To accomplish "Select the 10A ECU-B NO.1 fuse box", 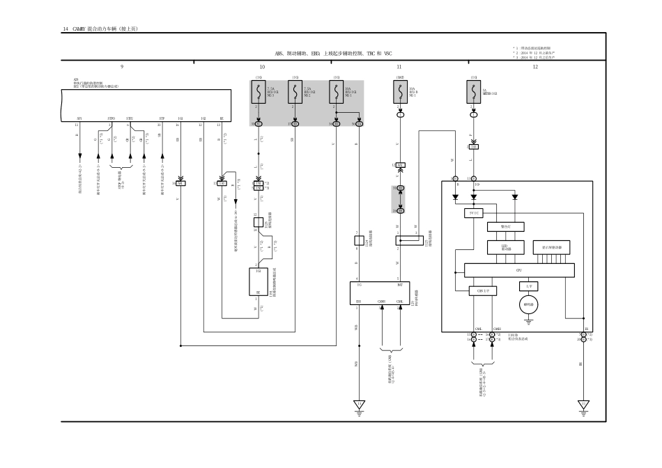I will click(400, 93).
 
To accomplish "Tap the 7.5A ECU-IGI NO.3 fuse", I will click(259, 93).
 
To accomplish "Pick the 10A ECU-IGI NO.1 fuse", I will click(336, 93).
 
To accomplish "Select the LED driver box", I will click(505, 247).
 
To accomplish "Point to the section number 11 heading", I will click(399, 67).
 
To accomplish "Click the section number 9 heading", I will click(122, 67).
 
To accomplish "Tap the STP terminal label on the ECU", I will click(162, 119).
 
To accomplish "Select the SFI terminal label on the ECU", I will click(79, 119).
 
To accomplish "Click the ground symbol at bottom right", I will click(583, 405).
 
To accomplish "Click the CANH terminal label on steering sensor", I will click(382, 302).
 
